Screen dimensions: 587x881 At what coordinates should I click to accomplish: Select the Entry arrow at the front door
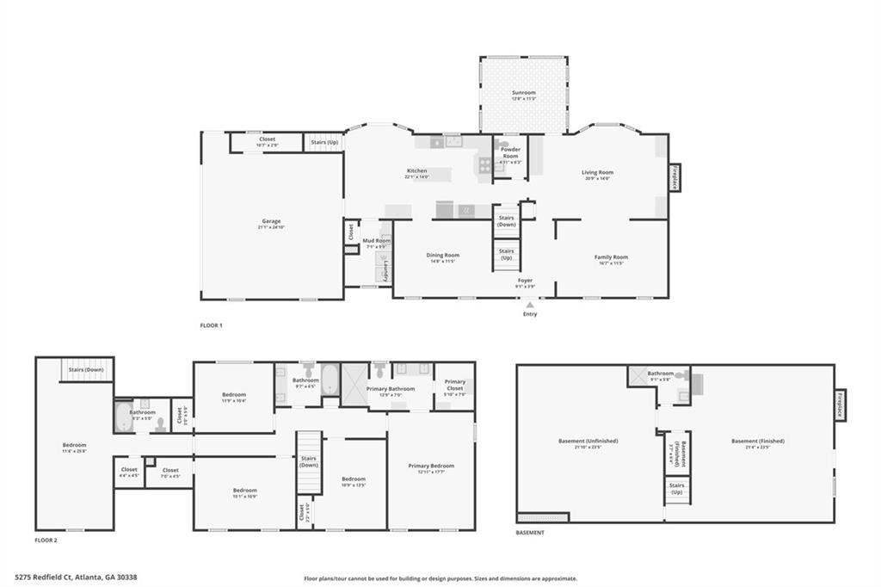pyautogui.click(x=530, y=305)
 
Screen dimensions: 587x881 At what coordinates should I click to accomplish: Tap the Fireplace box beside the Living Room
pyautogui.click(x=675, y=178)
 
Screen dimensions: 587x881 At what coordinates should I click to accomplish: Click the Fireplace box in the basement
pyautogui.click(x=840, y=405)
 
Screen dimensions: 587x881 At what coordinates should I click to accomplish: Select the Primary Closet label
pyautogui.click(x=454, y=385)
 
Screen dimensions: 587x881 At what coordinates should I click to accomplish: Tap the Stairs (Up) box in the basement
pyautogui.click(x=677, y=489)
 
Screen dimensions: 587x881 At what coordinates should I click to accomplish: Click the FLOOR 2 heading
pyautogui.click(x=46, y=541)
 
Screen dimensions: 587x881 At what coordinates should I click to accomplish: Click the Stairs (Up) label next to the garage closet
pyautogui.click(x=324, y=141)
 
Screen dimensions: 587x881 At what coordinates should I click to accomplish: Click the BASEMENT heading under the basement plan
pyautogui.click(x=530, y=533)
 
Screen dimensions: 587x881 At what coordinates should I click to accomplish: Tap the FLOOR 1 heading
pyautogui.click(x=211, y=325)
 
